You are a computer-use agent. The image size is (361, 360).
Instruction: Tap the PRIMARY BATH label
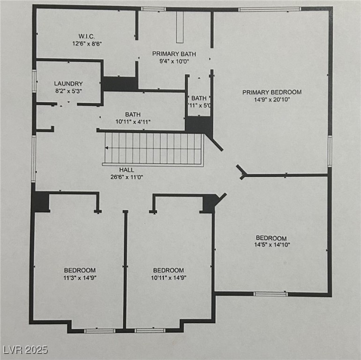[x=174, y=54]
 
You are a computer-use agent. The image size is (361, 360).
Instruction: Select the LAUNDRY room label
[x=68, y=84]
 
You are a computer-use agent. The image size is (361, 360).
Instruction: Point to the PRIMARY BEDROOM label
[x=272, y=92]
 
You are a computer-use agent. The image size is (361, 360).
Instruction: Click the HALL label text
[x=126, y=170]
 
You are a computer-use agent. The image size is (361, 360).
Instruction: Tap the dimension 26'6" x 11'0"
[x=126, y=177]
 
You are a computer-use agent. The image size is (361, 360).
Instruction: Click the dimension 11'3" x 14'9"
[x=80, y=277]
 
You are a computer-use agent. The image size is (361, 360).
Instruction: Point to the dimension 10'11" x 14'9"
[x=168, y=277]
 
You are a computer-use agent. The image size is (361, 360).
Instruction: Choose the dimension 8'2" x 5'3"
[x=68, y=91]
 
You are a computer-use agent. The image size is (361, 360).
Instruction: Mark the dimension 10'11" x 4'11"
[x=133, y=121]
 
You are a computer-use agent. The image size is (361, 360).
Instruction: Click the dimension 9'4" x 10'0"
[x=174, y=61]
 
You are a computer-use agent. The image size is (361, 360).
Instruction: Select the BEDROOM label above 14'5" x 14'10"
[x=271, y=238]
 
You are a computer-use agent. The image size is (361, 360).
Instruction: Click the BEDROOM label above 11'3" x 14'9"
[x=80, y=270]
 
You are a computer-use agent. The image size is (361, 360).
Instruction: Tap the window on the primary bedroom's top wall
[x=269, y=9]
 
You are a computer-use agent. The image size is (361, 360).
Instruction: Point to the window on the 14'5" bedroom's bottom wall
[x=270, y=294]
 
